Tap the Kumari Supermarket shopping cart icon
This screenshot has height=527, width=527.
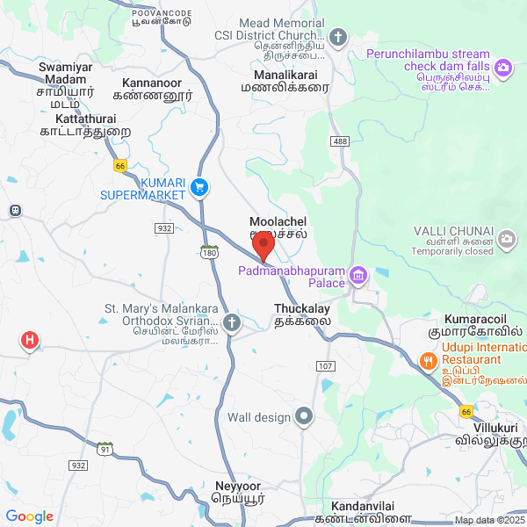pyautogui.click(x=199, y=186)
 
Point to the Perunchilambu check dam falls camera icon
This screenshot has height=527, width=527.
pyautogui.click(x=503, y=67)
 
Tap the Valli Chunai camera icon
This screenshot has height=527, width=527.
pyautogui.click(x=507, y=237)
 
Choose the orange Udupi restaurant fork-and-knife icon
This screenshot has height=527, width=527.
pyautogui.click(x=428, y=360)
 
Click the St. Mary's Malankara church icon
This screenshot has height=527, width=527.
pyautogui.click(x=231, y=322)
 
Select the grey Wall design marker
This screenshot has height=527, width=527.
pyautogui.click(x=305, y=416)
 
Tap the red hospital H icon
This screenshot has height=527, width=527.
pyautogui.click(x=30, y=340)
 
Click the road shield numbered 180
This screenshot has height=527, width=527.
pyautogui.click(x=209, y=252)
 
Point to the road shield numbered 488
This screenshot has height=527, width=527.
pyautogui.click(x=340, y=141)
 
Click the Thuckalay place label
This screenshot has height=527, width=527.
pyautogui.click(x=303, y=315)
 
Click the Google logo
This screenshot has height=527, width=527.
pyautogui.click(x=30, y=516)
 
